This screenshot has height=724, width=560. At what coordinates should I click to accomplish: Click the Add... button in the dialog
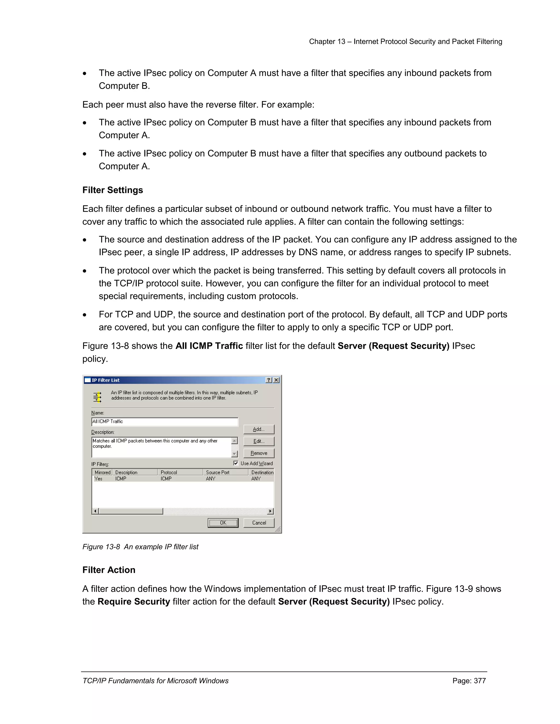(x=259, y=429)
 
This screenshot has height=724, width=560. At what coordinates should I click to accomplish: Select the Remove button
(x=259, y=453)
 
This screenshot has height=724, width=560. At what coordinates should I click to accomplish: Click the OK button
(x=223, y=523)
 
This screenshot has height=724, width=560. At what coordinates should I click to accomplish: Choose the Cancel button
(x=259, y=523)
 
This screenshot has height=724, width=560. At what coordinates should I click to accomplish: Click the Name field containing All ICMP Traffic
(x=165, y=422)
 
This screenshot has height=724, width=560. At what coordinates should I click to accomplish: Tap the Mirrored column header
(x=102, y=472)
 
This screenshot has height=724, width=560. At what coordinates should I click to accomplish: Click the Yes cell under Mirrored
(x=98, y=479)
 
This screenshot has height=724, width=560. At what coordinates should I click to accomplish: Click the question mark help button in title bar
(x=269, y=380)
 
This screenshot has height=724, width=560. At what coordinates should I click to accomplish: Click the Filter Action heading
(x=109, y=570)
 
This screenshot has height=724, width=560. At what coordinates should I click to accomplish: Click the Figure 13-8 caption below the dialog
(x=140, y=547)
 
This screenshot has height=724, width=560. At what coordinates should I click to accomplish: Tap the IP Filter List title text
(x=106, y=380)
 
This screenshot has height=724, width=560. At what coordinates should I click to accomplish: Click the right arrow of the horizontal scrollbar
(x=271, y=511)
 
